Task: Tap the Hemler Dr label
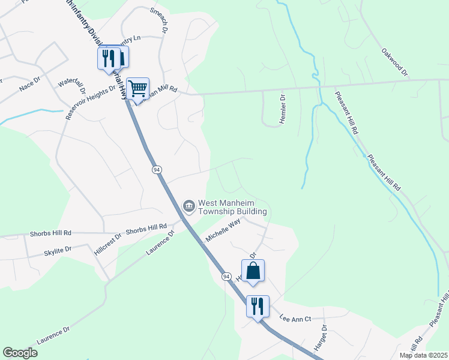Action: (282, 109)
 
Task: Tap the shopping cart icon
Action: (138, 89)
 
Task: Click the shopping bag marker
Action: (253, 270)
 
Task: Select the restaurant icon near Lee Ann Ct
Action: (258, 306)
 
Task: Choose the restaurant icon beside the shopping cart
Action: (109, 58)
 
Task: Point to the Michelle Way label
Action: (223, 230)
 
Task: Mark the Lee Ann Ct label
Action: (295, 318)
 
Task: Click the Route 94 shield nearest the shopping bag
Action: (226, 276)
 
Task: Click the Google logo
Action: (20, 353)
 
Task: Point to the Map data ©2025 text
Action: (423, 355)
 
